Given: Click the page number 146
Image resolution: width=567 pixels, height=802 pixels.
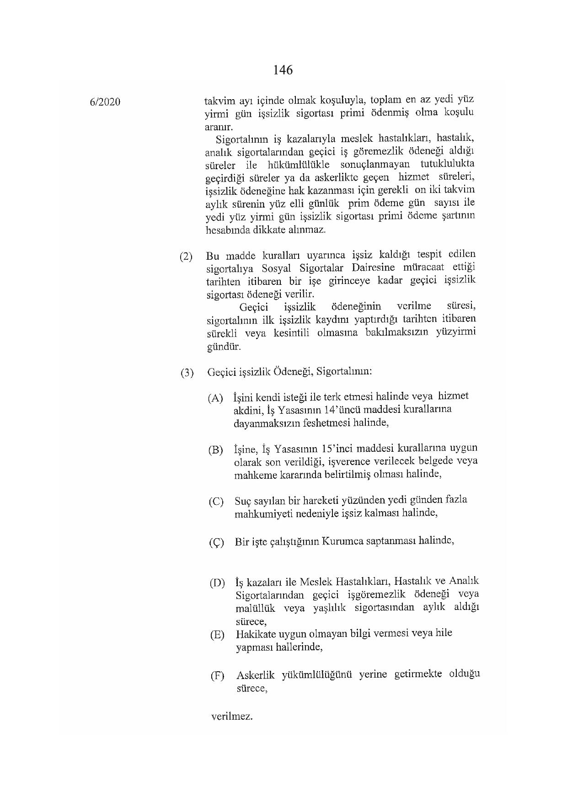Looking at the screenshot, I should [x=283, y=70].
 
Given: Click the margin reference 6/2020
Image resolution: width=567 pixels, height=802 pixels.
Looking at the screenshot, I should [x=105, y=102].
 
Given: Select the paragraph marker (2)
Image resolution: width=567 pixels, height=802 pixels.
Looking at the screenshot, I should [x=186, y=256].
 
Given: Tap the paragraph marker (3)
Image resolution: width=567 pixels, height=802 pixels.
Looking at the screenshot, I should [x=187, y=373].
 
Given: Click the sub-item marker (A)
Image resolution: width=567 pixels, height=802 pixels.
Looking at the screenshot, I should [x=215, y=398].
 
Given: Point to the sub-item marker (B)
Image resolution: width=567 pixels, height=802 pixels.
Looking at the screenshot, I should [x=215, y=449].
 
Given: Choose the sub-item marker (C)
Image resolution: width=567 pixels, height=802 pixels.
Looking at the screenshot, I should [x=216, y=502].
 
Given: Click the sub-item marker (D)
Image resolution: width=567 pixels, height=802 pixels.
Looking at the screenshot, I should [x=217, y=583].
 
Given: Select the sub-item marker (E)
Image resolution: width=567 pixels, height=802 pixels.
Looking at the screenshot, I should [x=217, y=635].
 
